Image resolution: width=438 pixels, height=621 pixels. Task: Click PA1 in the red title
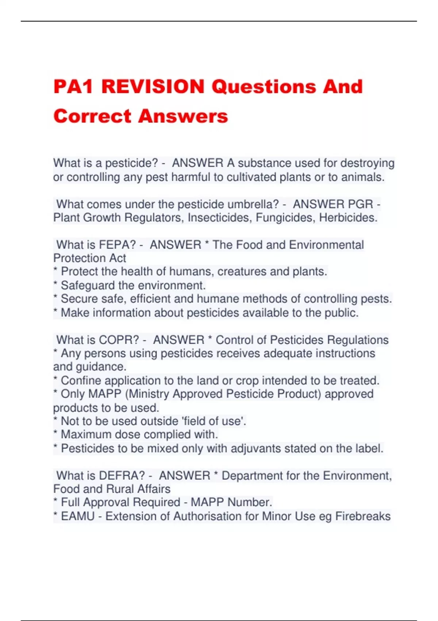(x=73, y=87)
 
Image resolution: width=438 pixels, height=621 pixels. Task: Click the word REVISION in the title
(x=153, y=87)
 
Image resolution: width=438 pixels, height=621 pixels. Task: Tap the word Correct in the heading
(x=92, y=116)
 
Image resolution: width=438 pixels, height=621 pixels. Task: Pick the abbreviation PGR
(x=361, y=204)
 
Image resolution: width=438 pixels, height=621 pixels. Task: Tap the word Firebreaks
(x=363, y=516)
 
